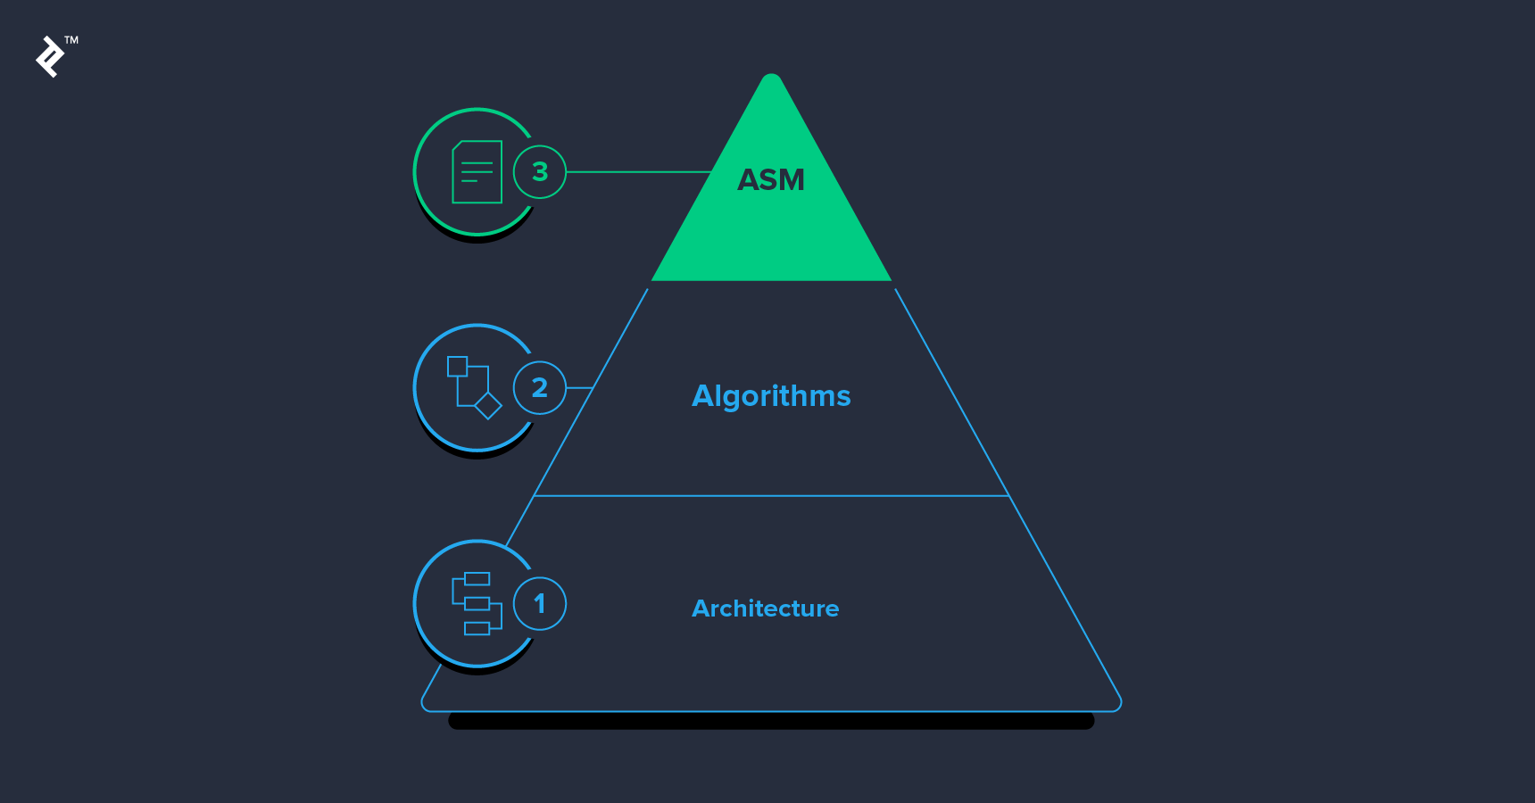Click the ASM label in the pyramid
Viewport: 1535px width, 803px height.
pyautogui.click(x=771, y=180)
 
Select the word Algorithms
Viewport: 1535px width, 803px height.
pyautogui.click(x=771, y=395)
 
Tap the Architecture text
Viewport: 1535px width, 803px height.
pyautogui.click(x=765, y=608)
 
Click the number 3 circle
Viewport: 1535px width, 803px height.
pyautogui.click(x=540, y=171)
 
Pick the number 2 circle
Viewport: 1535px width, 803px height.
pyautogui.click(x=540, y=387)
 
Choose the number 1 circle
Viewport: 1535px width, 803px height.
pyautogui.click(x=540, y=604)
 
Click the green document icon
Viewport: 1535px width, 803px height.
pyautogui.click(x=477, y=172)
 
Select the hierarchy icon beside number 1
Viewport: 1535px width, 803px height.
pyautogui.click(x=477, y=604)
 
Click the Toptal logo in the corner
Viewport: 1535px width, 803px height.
pyautogui.click(x=50, y=57)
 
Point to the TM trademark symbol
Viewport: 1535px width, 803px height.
pyautogui.click(x=71, y=40)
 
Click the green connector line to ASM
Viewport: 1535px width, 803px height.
pyautogui.click(x=638, y=171)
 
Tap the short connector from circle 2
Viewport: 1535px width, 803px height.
pyautogui.click(x=579, y=387)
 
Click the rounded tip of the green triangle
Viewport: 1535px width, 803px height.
pyautogui.click(x=772, y=79)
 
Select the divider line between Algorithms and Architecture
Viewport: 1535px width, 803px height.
pyautogui.click(x=771, y=495)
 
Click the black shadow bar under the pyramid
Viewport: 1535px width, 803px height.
pyautogui.click(x=771, y=721)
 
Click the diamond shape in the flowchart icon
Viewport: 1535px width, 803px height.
pyautogui.click(x=488, y=405)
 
